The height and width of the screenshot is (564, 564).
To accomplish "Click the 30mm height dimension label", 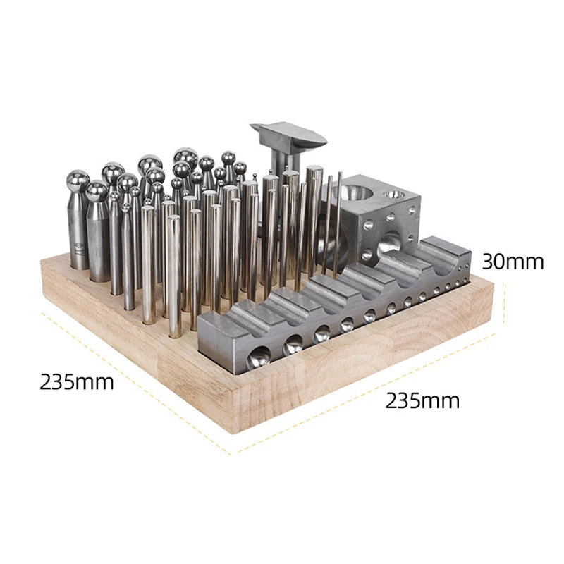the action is pos(513,262).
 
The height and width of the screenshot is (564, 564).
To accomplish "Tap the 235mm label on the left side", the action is pos(77,381).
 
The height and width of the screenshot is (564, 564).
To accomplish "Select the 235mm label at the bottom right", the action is pos(422,400).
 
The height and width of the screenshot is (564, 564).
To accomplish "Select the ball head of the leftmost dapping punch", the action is pos(78,183).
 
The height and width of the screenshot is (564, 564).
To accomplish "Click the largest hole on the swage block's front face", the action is pos(259,357).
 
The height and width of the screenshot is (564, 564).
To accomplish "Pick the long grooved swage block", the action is pos(334,306).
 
